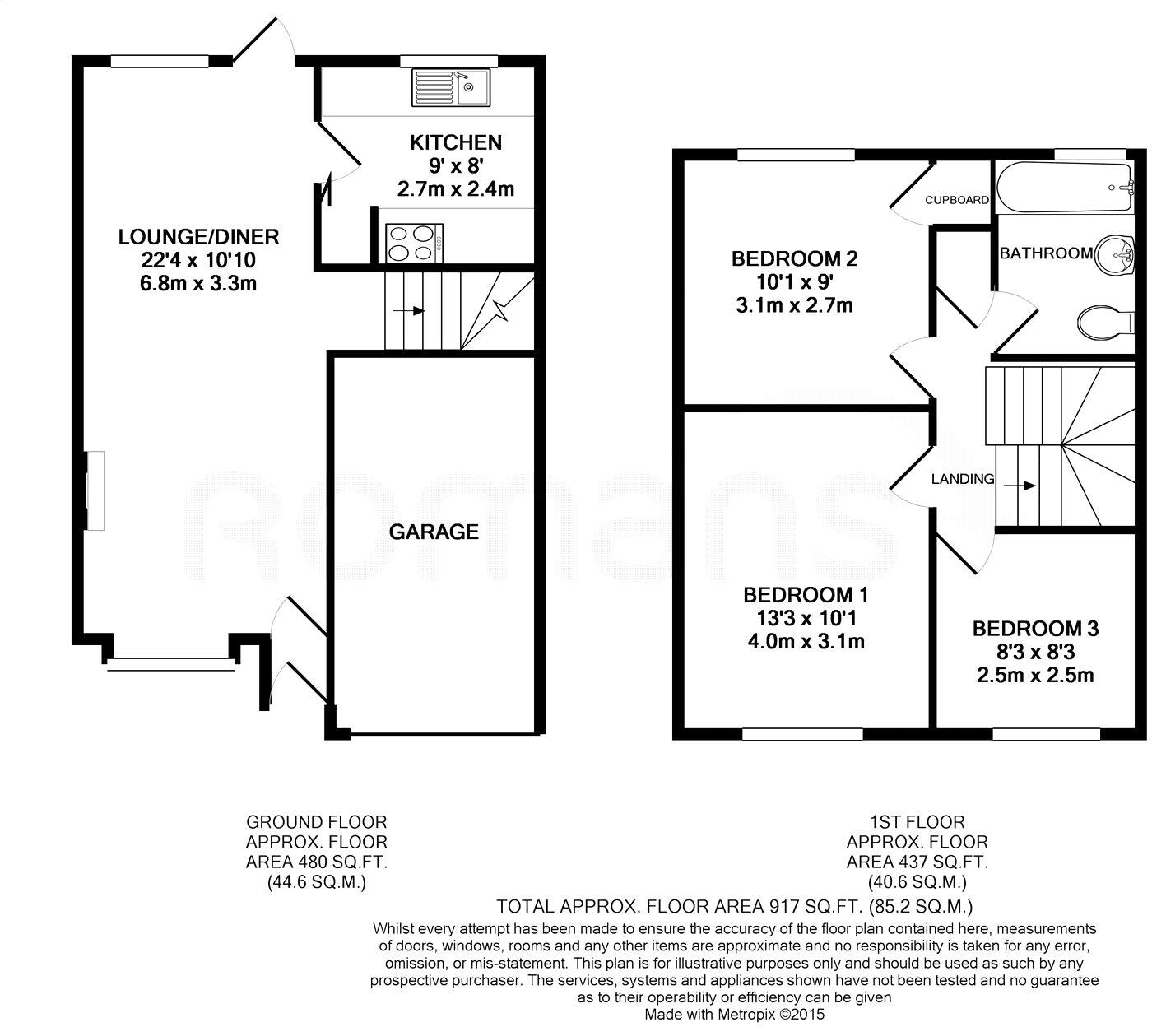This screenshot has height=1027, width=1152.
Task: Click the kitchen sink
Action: [x=451, y=87]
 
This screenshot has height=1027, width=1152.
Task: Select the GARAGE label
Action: [x=434, y=532]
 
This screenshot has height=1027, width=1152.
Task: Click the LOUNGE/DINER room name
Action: [x=199, y=237]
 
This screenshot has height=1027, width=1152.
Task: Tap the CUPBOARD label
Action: [x=956, y=200]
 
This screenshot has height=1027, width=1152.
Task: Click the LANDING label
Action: [x=962, y=479]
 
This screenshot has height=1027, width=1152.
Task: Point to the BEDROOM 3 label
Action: [x=1035, y=629]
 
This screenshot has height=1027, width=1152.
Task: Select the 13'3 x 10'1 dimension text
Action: [x=805, y=617]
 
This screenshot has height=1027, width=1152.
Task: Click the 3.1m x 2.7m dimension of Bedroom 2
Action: [x=793, y=306]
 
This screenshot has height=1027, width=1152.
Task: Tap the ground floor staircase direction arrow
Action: [x=408, y=311]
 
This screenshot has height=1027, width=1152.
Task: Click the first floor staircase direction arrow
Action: [x=1020, y=486]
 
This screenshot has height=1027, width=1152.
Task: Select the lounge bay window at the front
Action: [x=170, y=662]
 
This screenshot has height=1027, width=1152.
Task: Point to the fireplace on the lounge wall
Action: [x=95, y=490]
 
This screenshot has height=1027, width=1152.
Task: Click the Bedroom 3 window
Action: [x=1046, y=732]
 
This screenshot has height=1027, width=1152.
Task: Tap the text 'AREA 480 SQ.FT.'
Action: [x=317, y=862]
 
